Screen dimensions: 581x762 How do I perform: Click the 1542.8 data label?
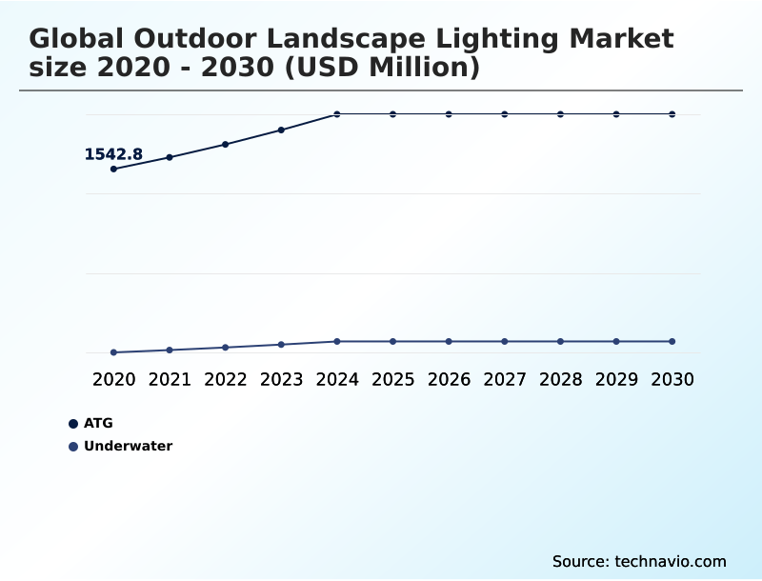coord(113,154)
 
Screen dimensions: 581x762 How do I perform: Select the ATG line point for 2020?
coord(113,169)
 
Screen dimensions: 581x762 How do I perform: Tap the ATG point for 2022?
coord(226,144)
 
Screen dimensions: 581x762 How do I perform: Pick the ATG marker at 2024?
coord(337,114)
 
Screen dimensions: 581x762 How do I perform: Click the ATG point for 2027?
coord(505,114)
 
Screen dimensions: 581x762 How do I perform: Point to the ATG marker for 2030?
coord(672,114)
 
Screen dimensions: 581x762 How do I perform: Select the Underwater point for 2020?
coord(113,352)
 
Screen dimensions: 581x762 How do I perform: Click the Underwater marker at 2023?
coord(281,344)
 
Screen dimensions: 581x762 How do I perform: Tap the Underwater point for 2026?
coord(449,341)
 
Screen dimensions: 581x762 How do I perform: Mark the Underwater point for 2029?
coord(616,341)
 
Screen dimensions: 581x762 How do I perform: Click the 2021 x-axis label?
coord(170,379)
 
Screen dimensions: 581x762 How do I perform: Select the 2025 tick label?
coord(392,379)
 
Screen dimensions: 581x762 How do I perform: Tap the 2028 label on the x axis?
coord(560,379)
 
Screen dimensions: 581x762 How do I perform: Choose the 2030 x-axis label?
coord(672,379)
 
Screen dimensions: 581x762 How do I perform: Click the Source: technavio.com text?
coord(639,561)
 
